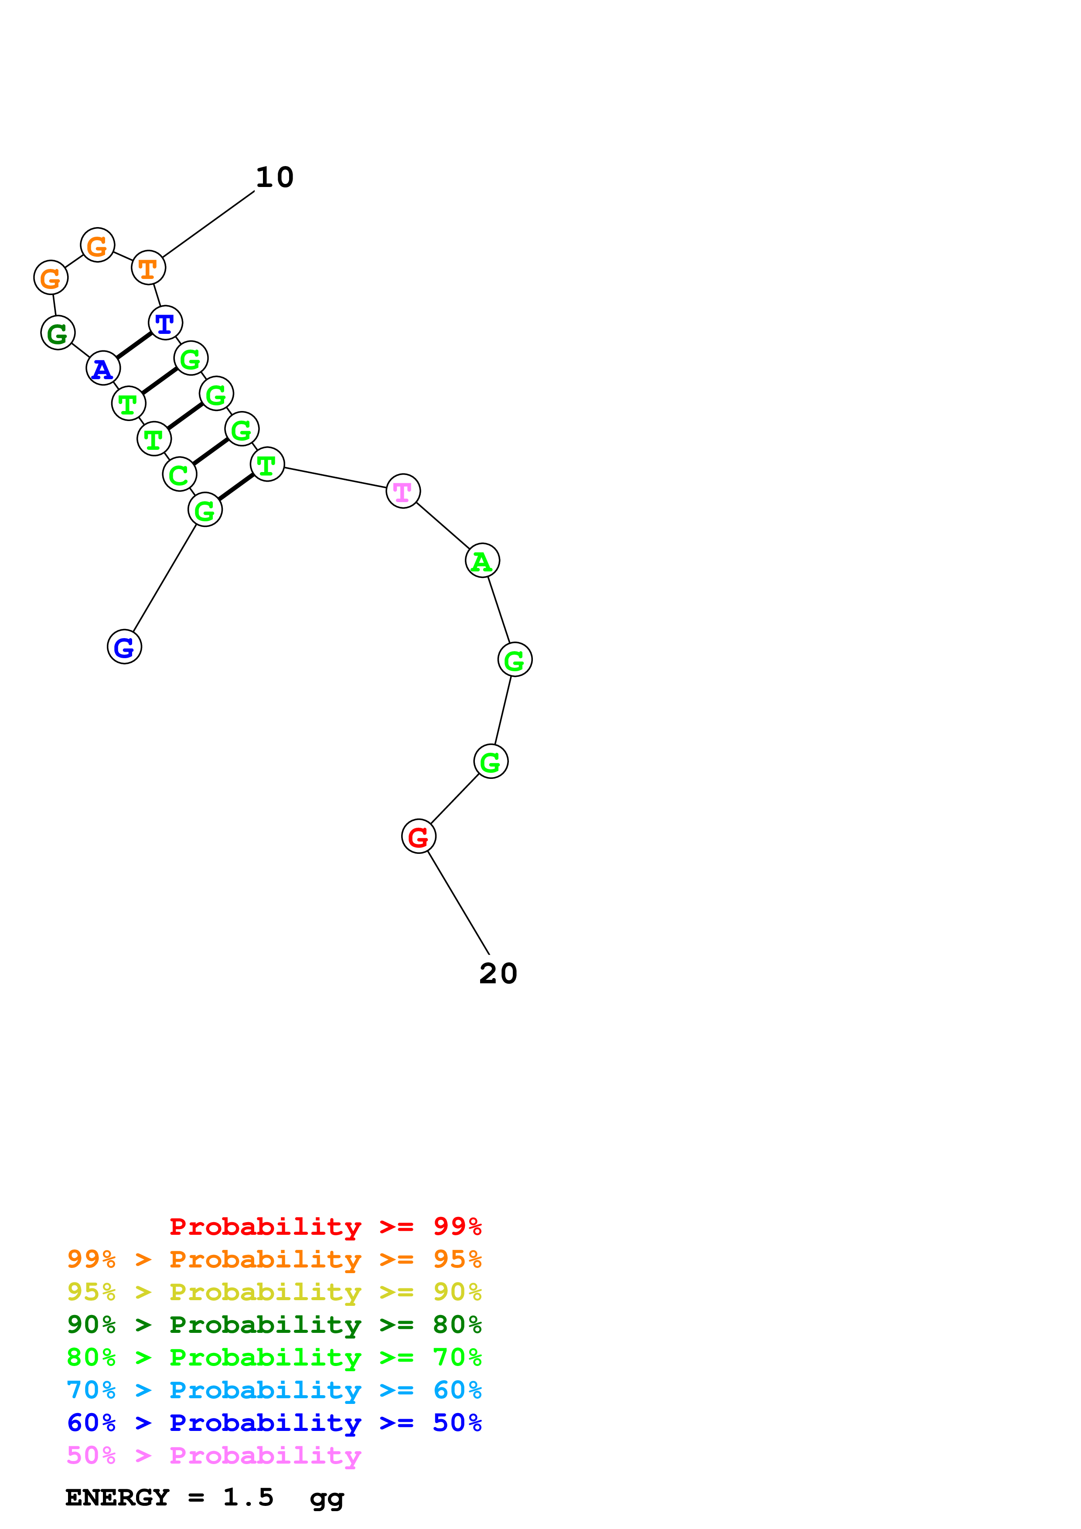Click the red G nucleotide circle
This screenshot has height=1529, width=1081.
[x=418, y=836]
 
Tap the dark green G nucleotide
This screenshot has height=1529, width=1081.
[x=58, y=333]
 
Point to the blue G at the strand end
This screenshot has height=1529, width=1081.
[x=125, y=647]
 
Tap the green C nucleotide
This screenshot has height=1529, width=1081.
[x=179, y=475]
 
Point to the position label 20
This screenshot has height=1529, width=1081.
[x=498, y=974]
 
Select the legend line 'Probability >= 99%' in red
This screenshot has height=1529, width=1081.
[x=325, y=1227]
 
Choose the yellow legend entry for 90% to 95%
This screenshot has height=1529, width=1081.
[x=274, y=1292]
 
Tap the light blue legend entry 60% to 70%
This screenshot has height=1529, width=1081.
[x=274, y=1390]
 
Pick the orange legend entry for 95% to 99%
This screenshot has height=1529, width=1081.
[x=274, y=1259]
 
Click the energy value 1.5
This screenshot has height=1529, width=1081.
[x=248, y=1498]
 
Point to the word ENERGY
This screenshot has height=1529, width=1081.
[x=117, y=1498]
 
